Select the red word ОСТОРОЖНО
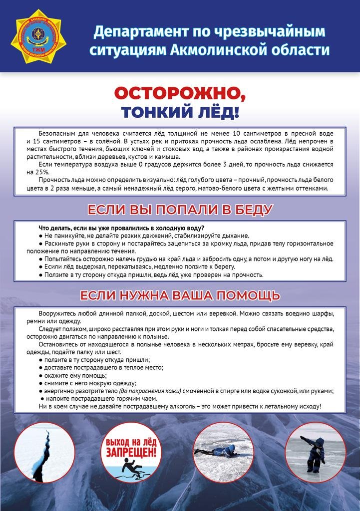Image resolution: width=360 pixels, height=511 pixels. [x=179, y=93]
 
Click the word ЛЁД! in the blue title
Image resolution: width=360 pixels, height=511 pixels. [x=219, y=112]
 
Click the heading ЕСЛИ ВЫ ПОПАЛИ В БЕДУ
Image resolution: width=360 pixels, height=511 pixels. [x=180, y=209]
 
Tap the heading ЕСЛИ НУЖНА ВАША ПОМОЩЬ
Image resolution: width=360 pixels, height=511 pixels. [x=180, y=295]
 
